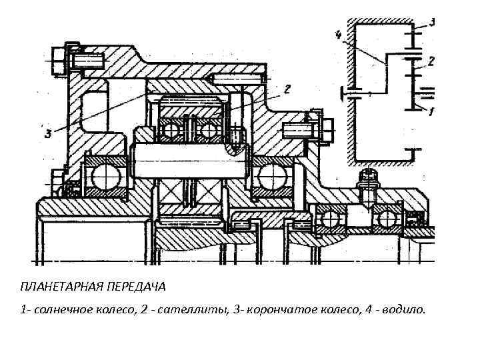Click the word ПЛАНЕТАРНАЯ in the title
pos(55,286)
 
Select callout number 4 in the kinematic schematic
pos(339,34)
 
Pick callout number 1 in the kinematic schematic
pos(431,111)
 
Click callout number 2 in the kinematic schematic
pos(431,61)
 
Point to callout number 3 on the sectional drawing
pos(48,134)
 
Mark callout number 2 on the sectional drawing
pos(286,89)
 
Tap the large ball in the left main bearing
pos(105,177)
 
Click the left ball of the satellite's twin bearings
pos(171,128)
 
